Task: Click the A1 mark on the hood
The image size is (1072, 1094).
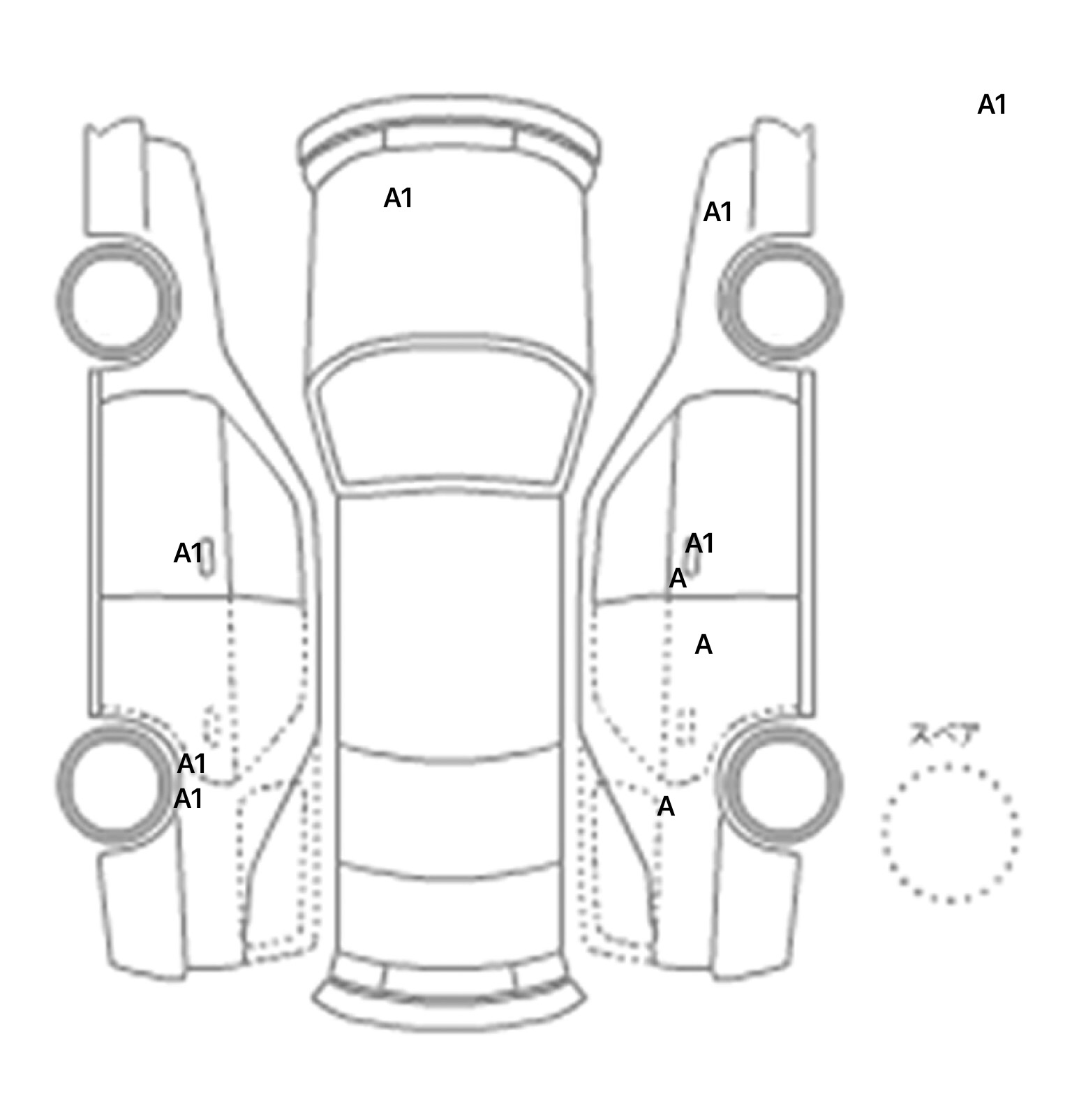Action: point(398,199)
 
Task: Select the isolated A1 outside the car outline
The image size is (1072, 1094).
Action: point(992,105)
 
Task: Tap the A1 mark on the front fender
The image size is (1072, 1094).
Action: point(717,212)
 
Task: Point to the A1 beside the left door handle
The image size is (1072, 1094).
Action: point(187,554)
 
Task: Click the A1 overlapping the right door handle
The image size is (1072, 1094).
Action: point(700,544)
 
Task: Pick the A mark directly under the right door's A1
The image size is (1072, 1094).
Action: point(678,578)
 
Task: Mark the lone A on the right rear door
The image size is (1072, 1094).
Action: point(703,645)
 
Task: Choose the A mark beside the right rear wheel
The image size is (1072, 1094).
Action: point(666,807)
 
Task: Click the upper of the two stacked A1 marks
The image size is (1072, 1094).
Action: point(191,765)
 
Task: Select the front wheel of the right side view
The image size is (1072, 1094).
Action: point(780,301)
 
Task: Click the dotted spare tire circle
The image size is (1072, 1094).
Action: point(949,833)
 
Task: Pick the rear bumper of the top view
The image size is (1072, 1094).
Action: point(449,994)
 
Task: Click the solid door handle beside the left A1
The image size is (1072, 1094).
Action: point(207,558)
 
